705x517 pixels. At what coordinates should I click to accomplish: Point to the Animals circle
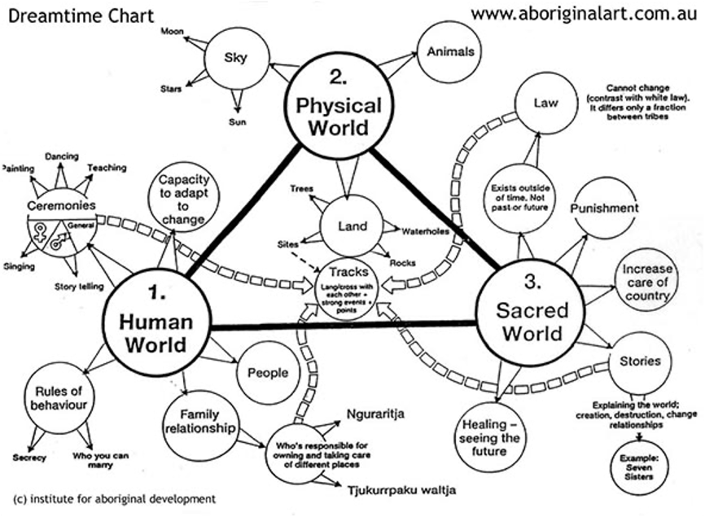(450, 51)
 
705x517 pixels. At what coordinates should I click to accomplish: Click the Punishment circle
(604, 208)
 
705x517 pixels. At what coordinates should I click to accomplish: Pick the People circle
(267, 373)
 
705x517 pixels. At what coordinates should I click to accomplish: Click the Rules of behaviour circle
(55, 397)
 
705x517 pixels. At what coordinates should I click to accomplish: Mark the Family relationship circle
(199, 421)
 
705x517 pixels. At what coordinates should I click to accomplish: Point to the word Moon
(172, 31)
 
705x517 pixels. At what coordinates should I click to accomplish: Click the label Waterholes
(425, 231)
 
